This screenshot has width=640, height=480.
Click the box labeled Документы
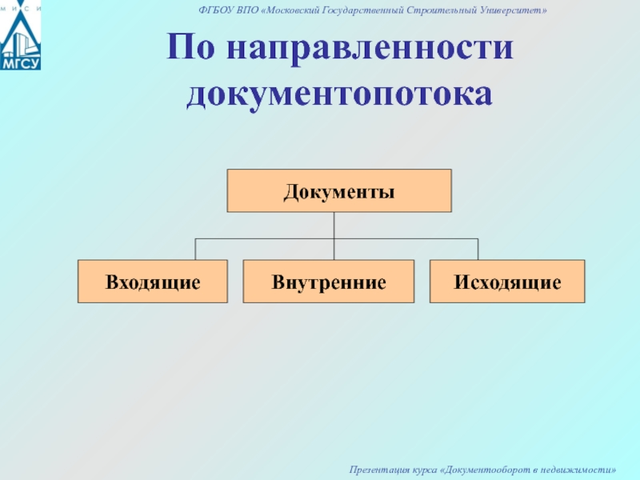point(339,190)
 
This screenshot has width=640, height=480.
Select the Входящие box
point(153,282)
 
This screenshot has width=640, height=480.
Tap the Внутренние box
point(329,282)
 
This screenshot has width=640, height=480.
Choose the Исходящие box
point(507,282)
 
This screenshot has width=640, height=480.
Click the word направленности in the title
point(370,48)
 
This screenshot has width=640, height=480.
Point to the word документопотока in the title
point(339,94)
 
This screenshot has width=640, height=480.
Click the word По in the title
point(190,46)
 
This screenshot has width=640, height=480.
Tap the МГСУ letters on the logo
point(21,63)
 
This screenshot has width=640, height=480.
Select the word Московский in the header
point(291,10)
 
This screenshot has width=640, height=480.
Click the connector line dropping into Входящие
point(195,249)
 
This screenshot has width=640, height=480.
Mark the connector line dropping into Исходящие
point(478,249)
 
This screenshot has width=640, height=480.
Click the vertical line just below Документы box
point(334,226)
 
